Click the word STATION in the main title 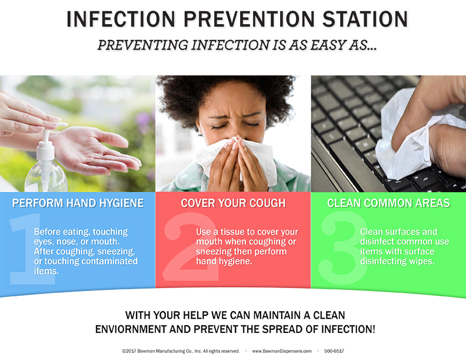point(365,19)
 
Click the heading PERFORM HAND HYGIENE point(78,203)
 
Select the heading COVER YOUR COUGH point(234,203)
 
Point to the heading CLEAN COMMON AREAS point(389,203)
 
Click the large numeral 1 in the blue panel point(31,249)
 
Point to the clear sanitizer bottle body point(45,176)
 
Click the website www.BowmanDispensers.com point(282,351)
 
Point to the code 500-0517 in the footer point(334,351)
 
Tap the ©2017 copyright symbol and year point(129,351)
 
